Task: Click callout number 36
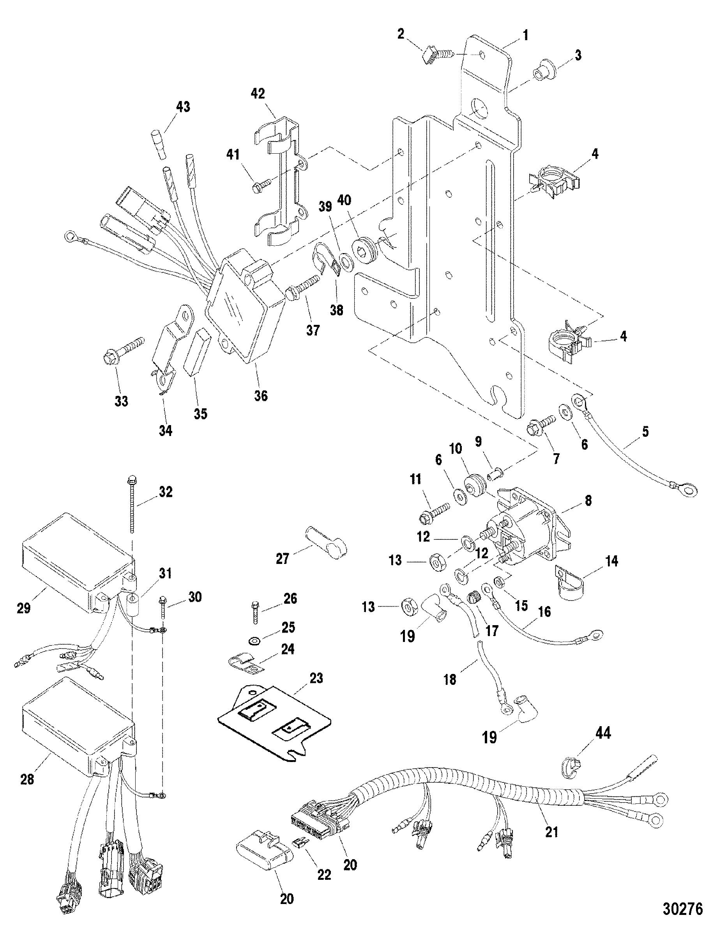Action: (x=261, y=395)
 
